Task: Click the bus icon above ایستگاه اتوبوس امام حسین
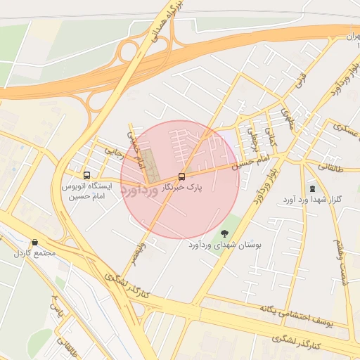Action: click(86, 175)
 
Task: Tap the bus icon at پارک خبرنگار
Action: click(182, 176)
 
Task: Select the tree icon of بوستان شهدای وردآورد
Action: click(224, 233)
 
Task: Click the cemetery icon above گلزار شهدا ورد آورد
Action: click(312, 188)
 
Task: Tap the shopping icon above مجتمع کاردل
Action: click(35, 243)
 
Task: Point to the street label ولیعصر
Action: click(141, 250)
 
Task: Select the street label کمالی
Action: click(271, 131)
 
